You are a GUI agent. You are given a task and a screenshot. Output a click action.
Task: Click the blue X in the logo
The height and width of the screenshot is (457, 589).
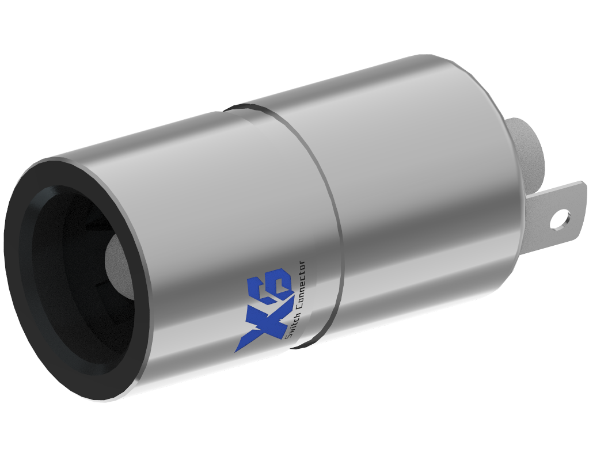[256, 316]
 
